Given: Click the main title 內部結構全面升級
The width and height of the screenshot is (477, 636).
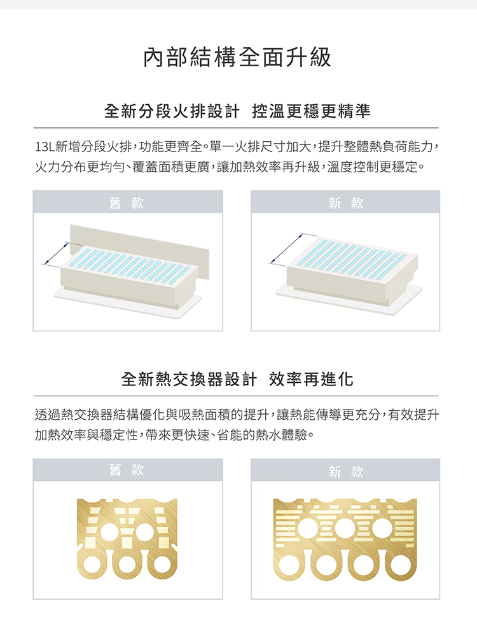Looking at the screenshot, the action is coord(237,57).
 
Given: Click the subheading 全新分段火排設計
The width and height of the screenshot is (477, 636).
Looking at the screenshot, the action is coord(172,111).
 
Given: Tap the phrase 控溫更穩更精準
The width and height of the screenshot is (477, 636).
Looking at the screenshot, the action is coord(312,111).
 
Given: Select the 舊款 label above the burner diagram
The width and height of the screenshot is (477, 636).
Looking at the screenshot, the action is coord(127,202).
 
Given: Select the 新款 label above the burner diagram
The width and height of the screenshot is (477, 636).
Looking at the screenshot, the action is coord(346,202).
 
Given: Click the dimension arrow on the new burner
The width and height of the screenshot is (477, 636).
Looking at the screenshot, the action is coord(286,249).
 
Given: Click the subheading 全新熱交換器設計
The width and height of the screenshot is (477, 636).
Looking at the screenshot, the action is coord(189,379).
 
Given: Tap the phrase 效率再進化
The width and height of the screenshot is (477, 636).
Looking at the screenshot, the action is coord(312,379).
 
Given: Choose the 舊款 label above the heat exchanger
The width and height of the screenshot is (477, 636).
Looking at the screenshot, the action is coord(127,470).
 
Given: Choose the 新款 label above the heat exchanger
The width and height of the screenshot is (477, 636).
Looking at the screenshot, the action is coord(346,471).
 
